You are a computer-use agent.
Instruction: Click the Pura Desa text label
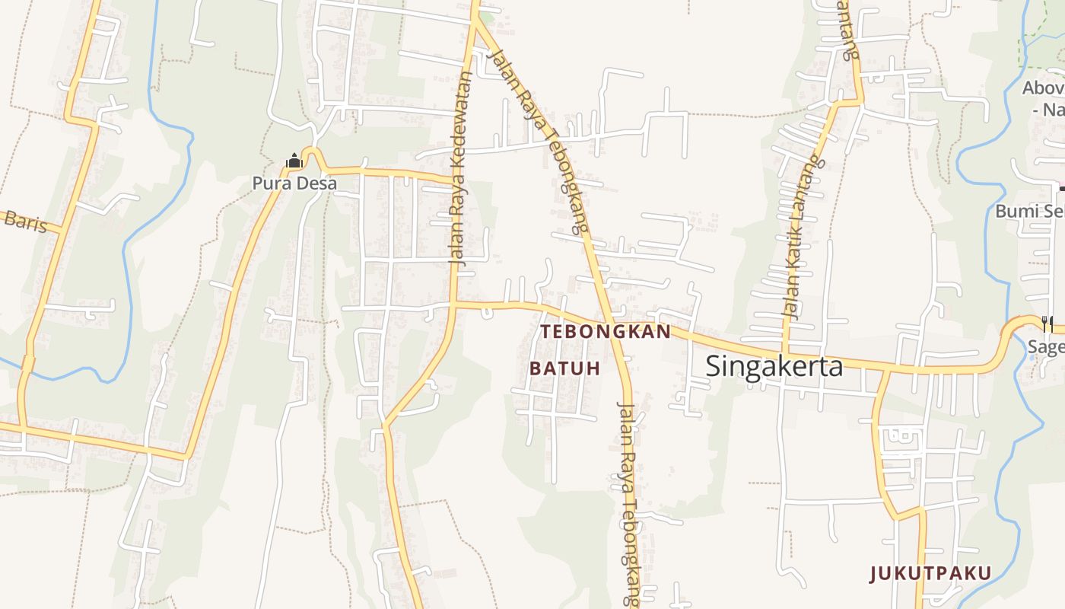click(x=294, y=183)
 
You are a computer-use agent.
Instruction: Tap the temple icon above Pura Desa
click(x=294, y=161)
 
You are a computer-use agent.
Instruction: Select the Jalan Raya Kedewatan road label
click(x=462, y=167)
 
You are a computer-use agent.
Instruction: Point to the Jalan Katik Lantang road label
click(x=804, y=236)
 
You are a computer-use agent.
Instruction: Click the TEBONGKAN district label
click(x=606, y=332)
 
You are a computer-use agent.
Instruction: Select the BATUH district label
click(x=564, y=368)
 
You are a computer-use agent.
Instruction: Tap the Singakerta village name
click(x=774, y=366)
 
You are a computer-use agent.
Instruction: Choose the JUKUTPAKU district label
click(x=930, y=573)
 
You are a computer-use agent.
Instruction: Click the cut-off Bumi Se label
click(x=1029, y=210)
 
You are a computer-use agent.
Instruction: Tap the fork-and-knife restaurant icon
click(x=1048, y=324)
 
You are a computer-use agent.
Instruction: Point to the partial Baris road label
click(x=24, y=222)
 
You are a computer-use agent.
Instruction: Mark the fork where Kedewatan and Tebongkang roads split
click(x=475, y=20)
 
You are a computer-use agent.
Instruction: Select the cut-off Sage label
click(x=1046, y=347)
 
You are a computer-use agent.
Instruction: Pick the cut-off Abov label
click(x=1042, y=88)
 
